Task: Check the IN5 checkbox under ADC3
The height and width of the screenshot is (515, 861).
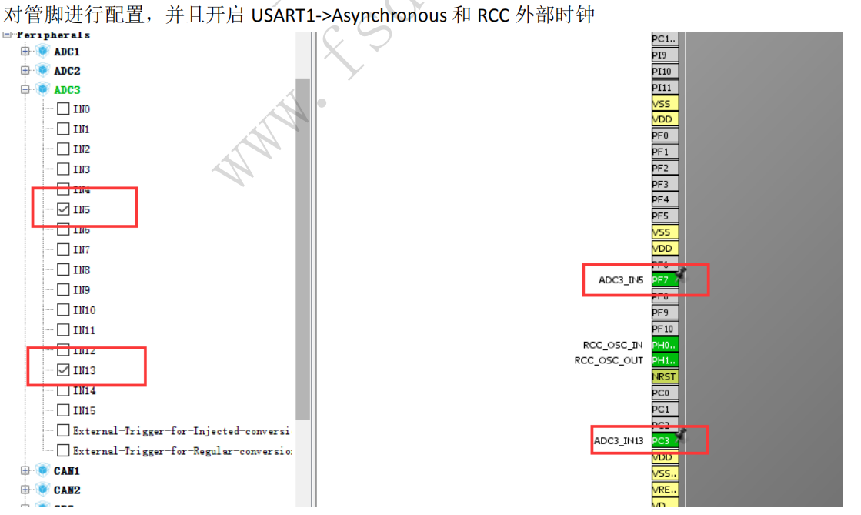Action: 63,209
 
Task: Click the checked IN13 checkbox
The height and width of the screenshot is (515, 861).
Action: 63,370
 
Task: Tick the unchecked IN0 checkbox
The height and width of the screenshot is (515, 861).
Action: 63,109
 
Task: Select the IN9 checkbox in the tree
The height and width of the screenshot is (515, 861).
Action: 63,290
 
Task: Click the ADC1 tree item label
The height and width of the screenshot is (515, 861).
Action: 67,52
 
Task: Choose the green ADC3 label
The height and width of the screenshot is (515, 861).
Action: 67,90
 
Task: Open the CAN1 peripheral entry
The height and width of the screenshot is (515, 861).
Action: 67,470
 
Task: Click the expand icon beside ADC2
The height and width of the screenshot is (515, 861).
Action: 25,71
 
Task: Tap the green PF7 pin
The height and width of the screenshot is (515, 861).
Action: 661,280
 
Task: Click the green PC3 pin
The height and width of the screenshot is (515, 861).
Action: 661,441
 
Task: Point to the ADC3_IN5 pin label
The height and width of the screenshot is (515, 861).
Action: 621,280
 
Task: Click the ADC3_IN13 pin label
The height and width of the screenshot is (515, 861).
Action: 619,441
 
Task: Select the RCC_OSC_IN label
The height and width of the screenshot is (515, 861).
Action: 612,345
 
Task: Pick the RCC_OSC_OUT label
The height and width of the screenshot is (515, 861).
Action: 609,360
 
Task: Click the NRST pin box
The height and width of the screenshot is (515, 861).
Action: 664,376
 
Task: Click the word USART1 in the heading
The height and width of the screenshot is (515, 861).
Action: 282,15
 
